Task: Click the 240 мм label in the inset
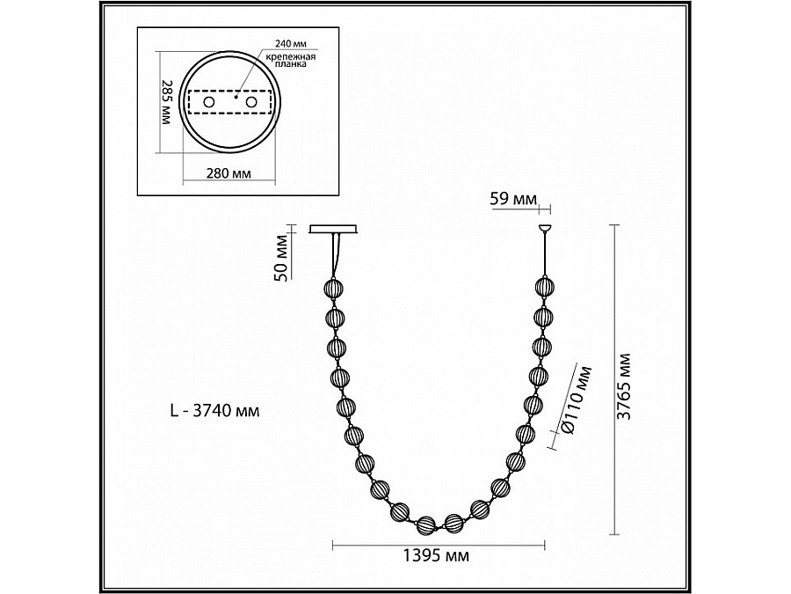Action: click(291, 43)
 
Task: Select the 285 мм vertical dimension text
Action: click(166, 102)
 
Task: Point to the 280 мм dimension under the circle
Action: click(229, 173)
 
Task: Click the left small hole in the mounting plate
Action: click(208, 102)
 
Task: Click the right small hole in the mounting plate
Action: click(251, 102)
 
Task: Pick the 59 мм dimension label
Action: click(513, 199)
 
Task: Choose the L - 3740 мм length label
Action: click(215, 411)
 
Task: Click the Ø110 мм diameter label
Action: click(576, 399)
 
